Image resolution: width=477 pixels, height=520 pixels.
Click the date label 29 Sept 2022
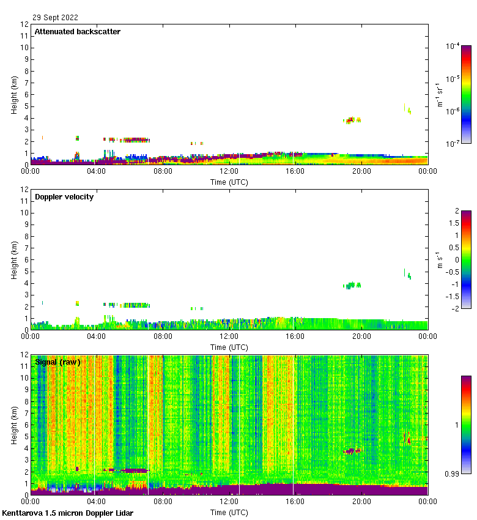click(55, 18)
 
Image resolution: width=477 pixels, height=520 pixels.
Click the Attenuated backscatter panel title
click(77, 31)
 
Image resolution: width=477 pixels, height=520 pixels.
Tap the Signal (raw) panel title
click(57, 362)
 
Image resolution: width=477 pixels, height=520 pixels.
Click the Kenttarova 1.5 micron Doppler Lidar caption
click(67, 513)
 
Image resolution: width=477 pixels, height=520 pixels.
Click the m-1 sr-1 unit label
click(438, 94)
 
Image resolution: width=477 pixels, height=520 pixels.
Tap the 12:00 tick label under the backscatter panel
click(229, 172)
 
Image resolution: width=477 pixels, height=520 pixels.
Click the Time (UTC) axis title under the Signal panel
click(229, 512)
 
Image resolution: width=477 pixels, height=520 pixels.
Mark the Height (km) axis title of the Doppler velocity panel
click(15, 260)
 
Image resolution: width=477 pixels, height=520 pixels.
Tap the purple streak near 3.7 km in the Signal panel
click(353, 451)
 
